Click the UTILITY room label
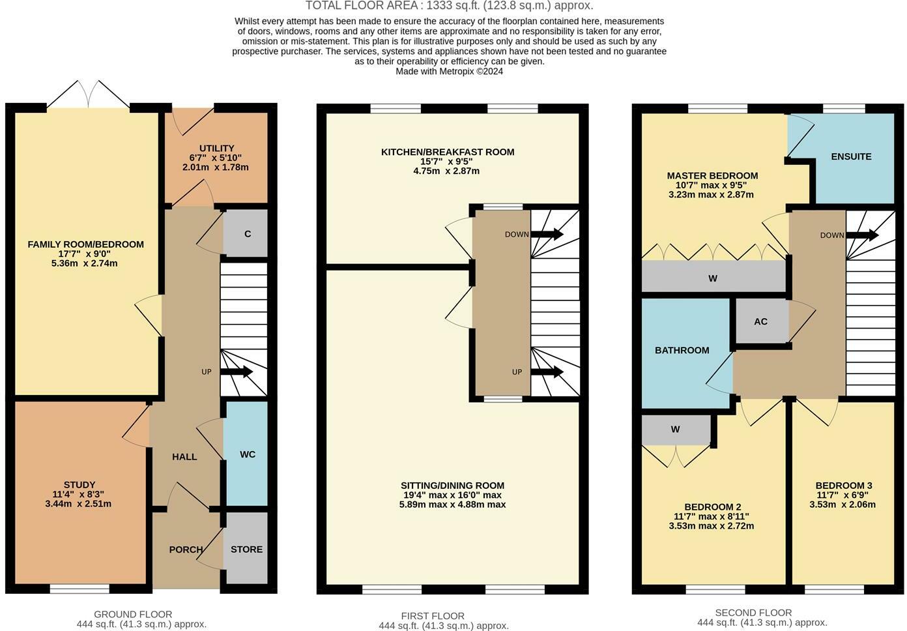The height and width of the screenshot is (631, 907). pyautogui.click(x=216, y=148)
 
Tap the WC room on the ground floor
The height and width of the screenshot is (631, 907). pyautogui.click(x=247, y=454)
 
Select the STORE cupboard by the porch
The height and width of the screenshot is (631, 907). pyautogui.click(x=246, y=550)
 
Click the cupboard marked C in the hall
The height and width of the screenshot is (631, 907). pyautogui.click(x=247, y=234)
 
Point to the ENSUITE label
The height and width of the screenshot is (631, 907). pyautogui.click(x=851, y=156)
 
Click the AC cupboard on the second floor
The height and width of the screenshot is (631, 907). pyautogui.click(x=760, y=321)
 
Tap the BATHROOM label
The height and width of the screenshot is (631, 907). pyautogui.click(x=682, y=350)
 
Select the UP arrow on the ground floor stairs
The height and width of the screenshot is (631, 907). pyautogui.click(x=237, y=372)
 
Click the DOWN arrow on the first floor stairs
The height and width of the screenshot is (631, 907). pyautogui.click(x=547, y=234)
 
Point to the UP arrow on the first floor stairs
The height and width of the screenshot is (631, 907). pyautogui.click(x=547, y=372)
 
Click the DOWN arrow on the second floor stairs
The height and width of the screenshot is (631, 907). pyautogui.click(x=862, y=235)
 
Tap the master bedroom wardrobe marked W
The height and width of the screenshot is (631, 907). pyautogui.click(x=713, y=278)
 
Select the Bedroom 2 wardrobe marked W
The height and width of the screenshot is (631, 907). pyautogui.click(x=676, y=430)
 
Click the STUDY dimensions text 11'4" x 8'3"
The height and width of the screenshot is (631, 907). pyautogui.click(x=79, y=494)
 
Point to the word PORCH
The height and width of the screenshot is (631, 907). pyautogui.click(x=186, y=550)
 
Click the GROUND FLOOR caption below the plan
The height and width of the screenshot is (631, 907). pyautogui.click(x=133, y=614)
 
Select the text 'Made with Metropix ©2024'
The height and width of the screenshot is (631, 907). pyautogui.click(x=449, y=72)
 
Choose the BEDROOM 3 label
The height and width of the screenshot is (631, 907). pyautogui.click(x=843, y=486)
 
